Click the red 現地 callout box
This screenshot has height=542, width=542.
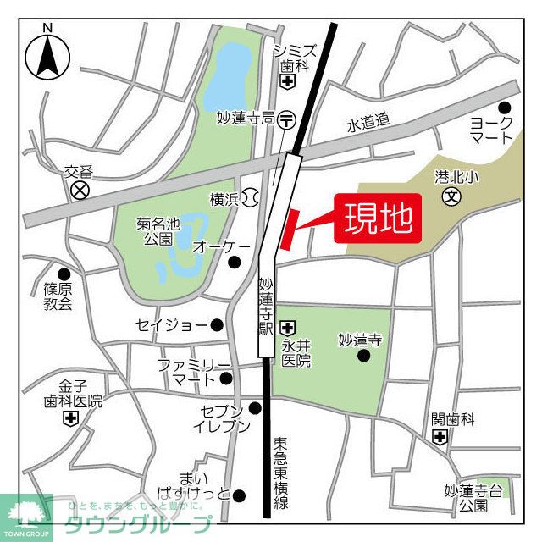378,219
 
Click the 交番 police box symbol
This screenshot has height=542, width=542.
80,190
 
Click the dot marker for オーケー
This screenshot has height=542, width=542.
235,262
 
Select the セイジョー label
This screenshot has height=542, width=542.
172,325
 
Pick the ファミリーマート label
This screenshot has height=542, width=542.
194,373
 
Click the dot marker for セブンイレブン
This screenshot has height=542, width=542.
255,408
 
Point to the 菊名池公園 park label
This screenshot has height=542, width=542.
158,231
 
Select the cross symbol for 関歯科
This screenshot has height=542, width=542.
440,437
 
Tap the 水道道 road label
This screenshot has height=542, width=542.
368,124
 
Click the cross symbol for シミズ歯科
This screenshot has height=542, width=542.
288,82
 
